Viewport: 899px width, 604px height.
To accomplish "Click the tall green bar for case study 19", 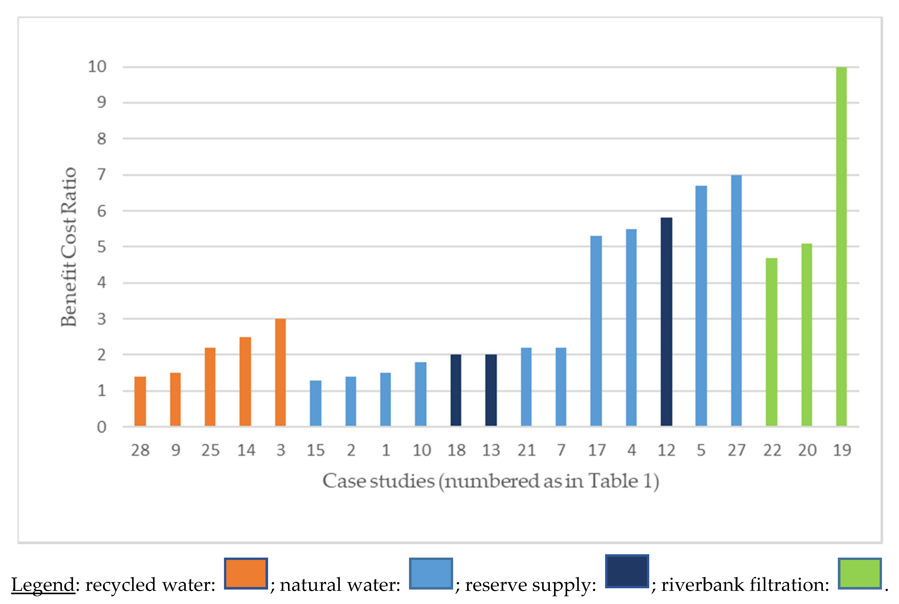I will click(x=841, y=246).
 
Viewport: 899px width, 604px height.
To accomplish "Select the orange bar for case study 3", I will click(x=280, y=372).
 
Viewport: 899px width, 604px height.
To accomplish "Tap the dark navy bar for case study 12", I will click(x=666, y=322).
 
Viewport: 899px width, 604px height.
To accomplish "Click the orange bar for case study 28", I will click(x=140, y=401).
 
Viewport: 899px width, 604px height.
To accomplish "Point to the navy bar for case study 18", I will click(x=456, y=390).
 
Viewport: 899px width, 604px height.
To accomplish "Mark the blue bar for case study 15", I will click(x=315, y=403).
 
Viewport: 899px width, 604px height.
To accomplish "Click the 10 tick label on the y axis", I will click(x=97, y=67).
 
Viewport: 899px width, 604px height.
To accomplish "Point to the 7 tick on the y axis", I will click(x=101, y=175).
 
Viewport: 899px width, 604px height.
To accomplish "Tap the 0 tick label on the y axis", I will click(x=101, y=427).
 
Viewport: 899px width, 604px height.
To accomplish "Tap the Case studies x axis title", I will click(x=490, y=481).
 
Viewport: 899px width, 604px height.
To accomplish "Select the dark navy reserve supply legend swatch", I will click(x=627, y=571).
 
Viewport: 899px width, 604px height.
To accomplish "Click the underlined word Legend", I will click(x=43, y=585).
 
